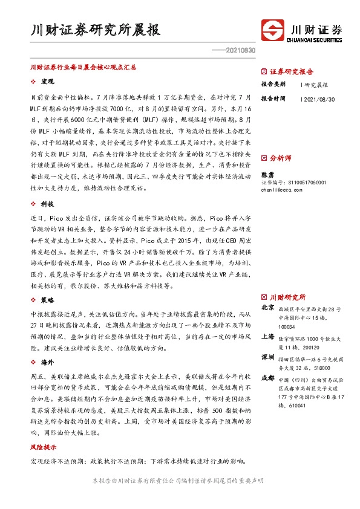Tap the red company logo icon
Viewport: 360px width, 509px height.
(273, 30)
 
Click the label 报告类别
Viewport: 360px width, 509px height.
(273, 84)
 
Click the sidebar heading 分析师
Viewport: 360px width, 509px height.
(280, 158)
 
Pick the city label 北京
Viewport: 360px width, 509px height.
(267, 308)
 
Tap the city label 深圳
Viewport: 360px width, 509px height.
(267, 357)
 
